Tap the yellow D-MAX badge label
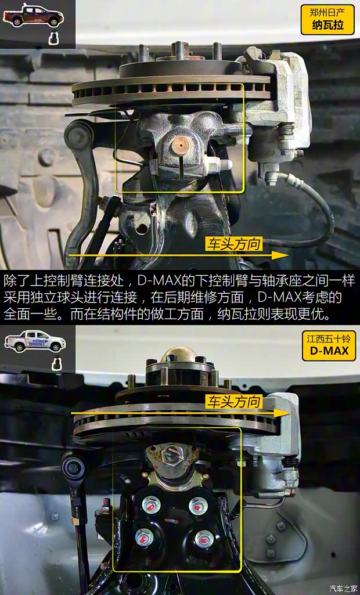[329, 351]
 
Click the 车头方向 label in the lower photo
[235, 402]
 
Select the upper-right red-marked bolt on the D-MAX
[198, 506]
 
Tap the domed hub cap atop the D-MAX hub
[175, 355]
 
